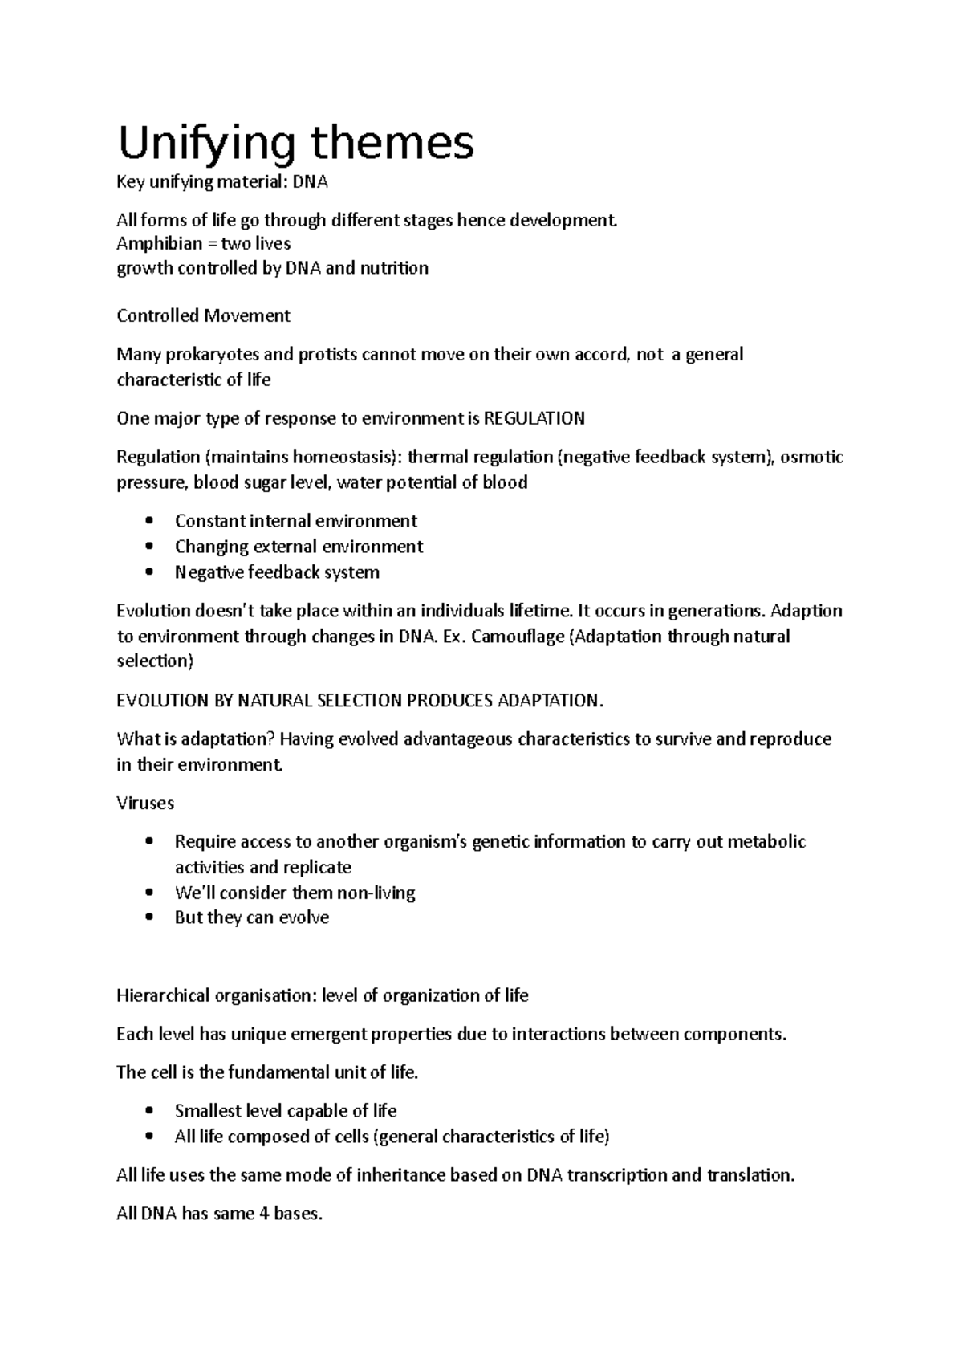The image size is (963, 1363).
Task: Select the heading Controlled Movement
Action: point(203,315)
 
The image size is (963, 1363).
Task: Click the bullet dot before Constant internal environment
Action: point(149,521)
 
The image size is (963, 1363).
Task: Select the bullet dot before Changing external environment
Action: point(149,547)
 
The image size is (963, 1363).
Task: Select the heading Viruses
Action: point(145,803)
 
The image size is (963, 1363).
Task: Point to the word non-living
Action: point(375,893)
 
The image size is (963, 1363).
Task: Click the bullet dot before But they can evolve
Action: point(149,918)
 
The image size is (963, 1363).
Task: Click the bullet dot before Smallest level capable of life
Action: point(149,1111)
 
